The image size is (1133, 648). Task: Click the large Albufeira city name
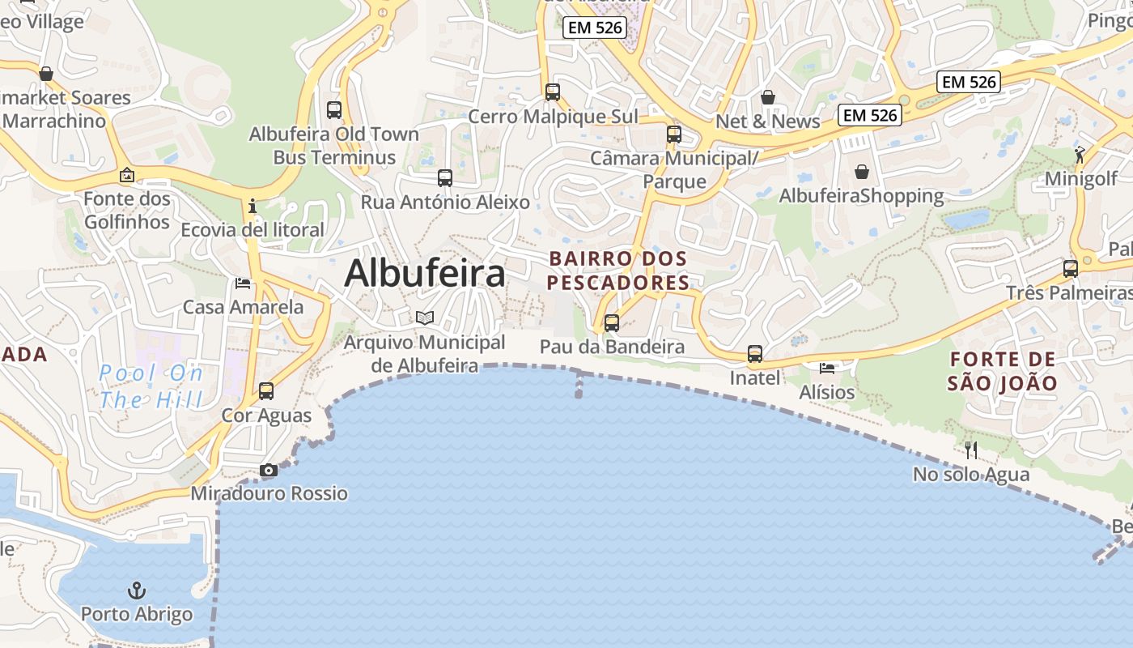coord(425,273)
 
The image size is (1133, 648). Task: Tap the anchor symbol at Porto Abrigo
coord(137,590)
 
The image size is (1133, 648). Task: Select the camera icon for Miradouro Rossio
coord(269,470)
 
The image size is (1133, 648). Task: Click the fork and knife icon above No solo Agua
coord(971,450)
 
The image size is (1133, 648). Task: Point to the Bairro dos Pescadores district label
coord(619,271)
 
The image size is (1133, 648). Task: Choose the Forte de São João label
coord(1003,371)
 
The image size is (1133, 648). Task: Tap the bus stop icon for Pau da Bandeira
coord(612,323)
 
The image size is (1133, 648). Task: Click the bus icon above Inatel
coord(755,354)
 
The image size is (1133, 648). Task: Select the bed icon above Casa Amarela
coord(243,283)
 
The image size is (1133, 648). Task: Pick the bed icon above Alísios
coord(827,368)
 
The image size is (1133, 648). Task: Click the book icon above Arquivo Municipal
coord(425,318)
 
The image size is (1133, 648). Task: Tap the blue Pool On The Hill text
coord(151,386)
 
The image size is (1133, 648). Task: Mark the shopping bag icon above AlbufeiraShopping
coord(862,172)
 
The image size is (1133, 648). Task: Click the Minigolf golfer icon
coord(1080,154)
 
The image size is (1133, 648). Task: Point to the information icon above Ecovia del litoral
coord(252,206)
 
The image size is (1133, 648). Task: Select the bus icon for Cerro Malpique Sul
coord(553,92)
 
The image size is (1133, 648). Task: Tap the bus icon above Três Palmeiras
coord(1071,268)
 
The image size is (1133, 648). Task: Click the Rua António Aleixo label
coord(445,202)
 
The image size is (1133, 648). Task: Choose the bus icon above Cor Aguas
coord(266,391)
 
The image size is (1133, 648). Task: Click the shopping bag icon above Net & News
coord(768,97)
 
